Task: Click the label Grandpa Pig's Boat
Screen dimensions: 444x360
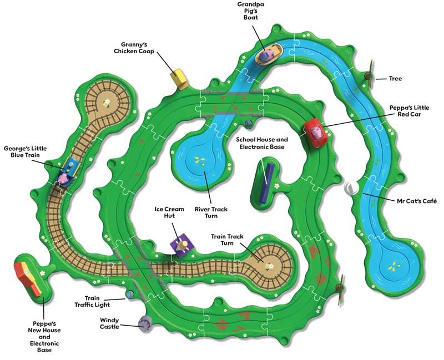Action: pyautogui.click(x=251, y=11)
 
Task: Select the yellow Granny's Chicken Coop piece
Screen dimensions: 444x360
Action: pyautogui.click(x=179, y=78)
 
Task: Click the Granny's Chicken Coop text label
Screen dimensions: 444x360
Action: pyautogui.click(x=134, y=48)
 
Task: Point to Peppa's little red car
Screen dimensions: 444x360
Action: pyautogui.click(x=316, y=133)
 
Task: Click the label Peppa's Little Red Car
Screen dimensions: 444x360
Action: pyautogui.click(x=409, y=111)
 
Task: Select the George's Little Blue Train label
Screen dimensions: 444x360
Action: pyautogui.click(x=25, y=151)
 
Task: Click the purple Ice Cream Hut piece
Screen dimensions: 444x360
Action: pyautogui.click(x=182, y=245)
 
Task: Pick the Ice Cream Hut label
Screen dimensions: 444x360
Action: pyautogui.click(x=169, y=212)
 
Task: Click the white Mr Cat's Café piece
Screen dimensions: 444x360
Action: pyautogui.click(x=351, y=187)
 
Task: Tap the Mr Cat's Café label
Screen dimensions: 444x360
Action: pyautogui.click(x=417, y=201)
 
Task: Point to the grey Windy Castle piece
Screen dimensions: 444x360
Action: pyautogui.click(x=145, y=323)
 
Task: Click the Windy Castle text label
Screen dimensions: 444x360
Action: pyautogui.click(x=109, y=323)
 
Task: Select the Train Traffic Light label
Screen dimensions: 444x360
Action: pyautogui.click(x=92, y=301)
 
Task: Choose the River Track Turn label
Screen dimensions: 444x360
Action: pyautogui.click(x=211, y=212)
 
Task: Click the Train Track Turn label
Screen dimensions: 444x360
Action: pyautogui.click(x=227, y=240)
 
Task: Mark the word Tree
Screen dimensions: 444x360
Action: pyautogui.click(x=395, y=78)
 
